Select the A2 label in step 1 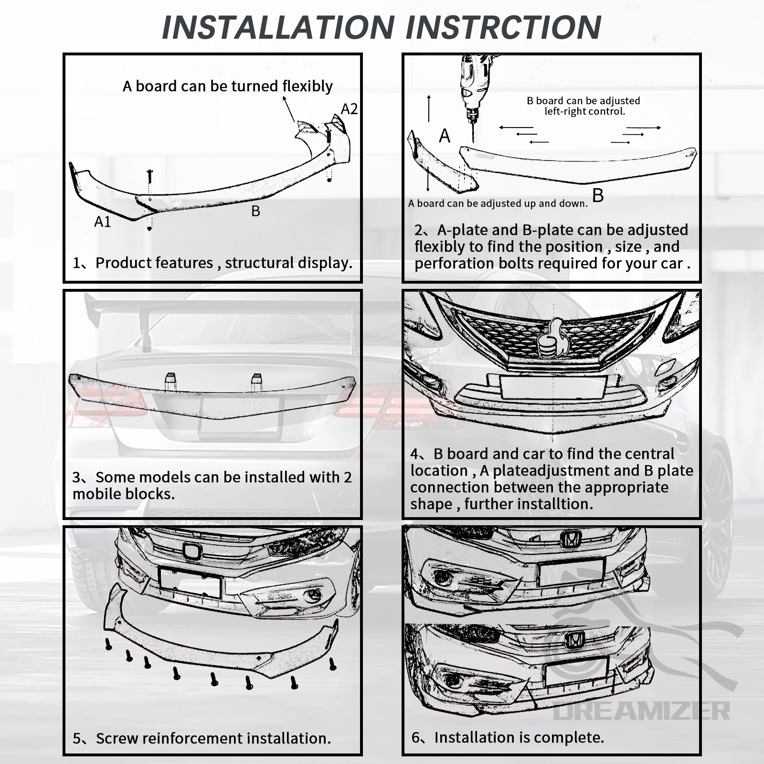click(349, 109)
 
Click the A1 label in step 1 click(103, 222)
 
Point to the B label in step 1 click(255, 211)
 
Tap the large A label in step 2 click(445, 136)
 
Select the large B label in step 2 click(598, 195)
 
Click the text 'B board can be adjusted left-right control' click(584, 106)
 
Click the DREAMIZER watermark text click(641, 711)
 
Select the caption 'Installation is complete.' click(519, 737)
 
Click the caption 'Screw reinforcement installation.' click(213, 738)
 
